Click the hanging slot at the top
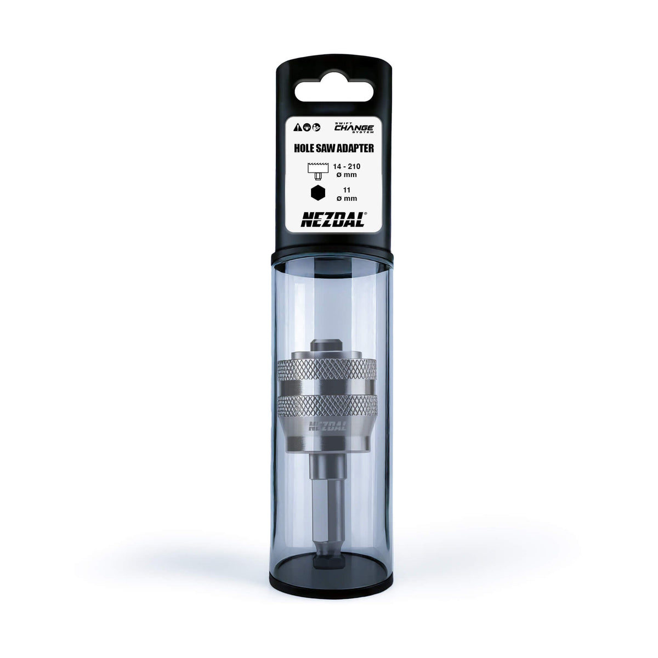point(328,91)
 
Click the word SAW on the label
point(328,148)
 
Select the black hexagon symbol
point(317,193)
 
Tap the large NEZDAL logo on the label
point(328,219)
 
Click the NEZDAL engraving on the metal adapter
point(328,426)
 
